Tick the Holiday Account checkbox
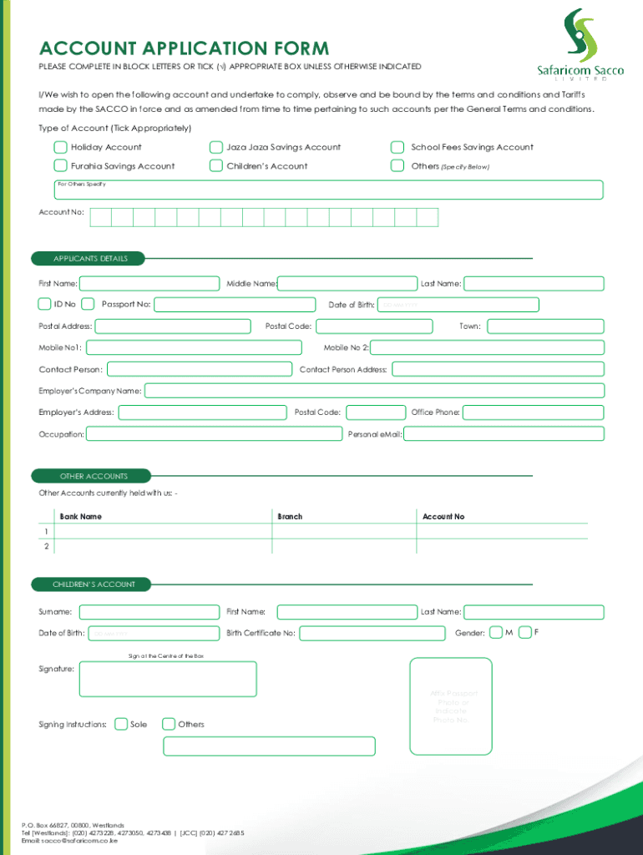[x=60, y=147]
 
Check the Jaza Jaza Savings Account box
[x=216, y=147]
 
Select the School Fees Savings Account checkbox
[x=397, y=147]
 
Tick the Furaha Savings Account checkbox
[x=60, y=166]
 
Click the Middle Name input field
[x=347, y=284]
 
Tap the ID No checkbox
[x=45, y=304]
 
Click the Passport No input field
[x=235, y=305]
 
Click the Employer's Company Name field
[x=374, y=391]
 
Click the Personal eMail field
[x=504, y=434]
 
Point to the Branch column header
[x=290, y=517]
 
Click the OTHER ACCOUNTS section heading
[x=94, y=476]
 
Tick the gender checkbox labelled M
[x=496, y=632]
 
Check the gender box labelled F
[x=525, y=632]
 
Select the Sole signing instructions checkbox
[x=121, y=724]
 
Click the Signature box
[x=168, y=679]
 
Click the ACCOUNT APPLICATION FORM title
[x=184, y=48]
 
